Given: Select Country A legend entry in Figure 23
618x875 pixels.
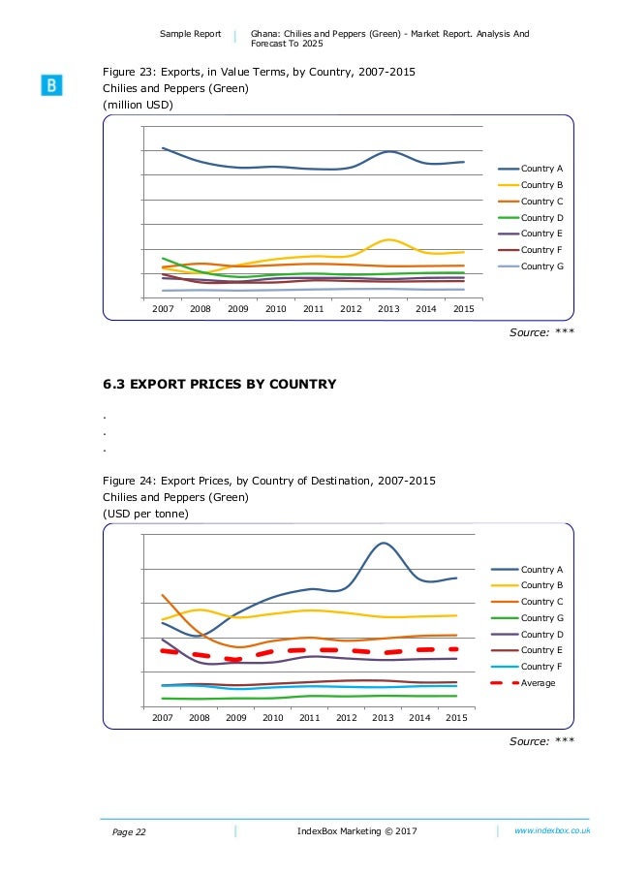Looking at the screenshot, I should pos(541,169).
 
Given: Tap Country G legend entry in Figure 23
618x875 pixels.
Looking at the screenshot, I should pos(541,266).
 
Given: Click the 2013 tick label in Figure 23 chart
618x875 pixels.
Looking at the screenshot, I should pos(388,308).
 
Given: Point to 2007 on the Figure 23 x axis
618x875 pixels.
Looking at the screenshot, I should pos(164,308).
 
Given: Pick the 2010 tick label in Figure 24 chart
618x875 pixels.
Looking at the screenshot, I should pos(273,718).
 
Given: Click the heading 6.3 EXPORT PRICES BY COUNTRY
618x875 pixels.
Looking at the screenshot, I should pos(220,385).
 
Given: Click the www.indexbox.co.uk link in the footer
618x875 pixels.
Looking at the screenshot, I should pos(552,831).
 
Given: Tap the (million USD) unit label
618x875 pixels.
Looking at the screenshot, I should pos(138,106).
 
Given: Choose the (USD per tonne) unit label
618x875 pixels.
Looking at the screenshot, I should pos(145,513).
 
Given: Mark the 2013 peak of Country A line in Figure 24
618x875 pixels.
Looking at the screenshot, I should pos(385,543).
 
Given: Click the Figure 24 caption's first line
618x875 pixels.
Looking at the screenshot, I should pos(269,481).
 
